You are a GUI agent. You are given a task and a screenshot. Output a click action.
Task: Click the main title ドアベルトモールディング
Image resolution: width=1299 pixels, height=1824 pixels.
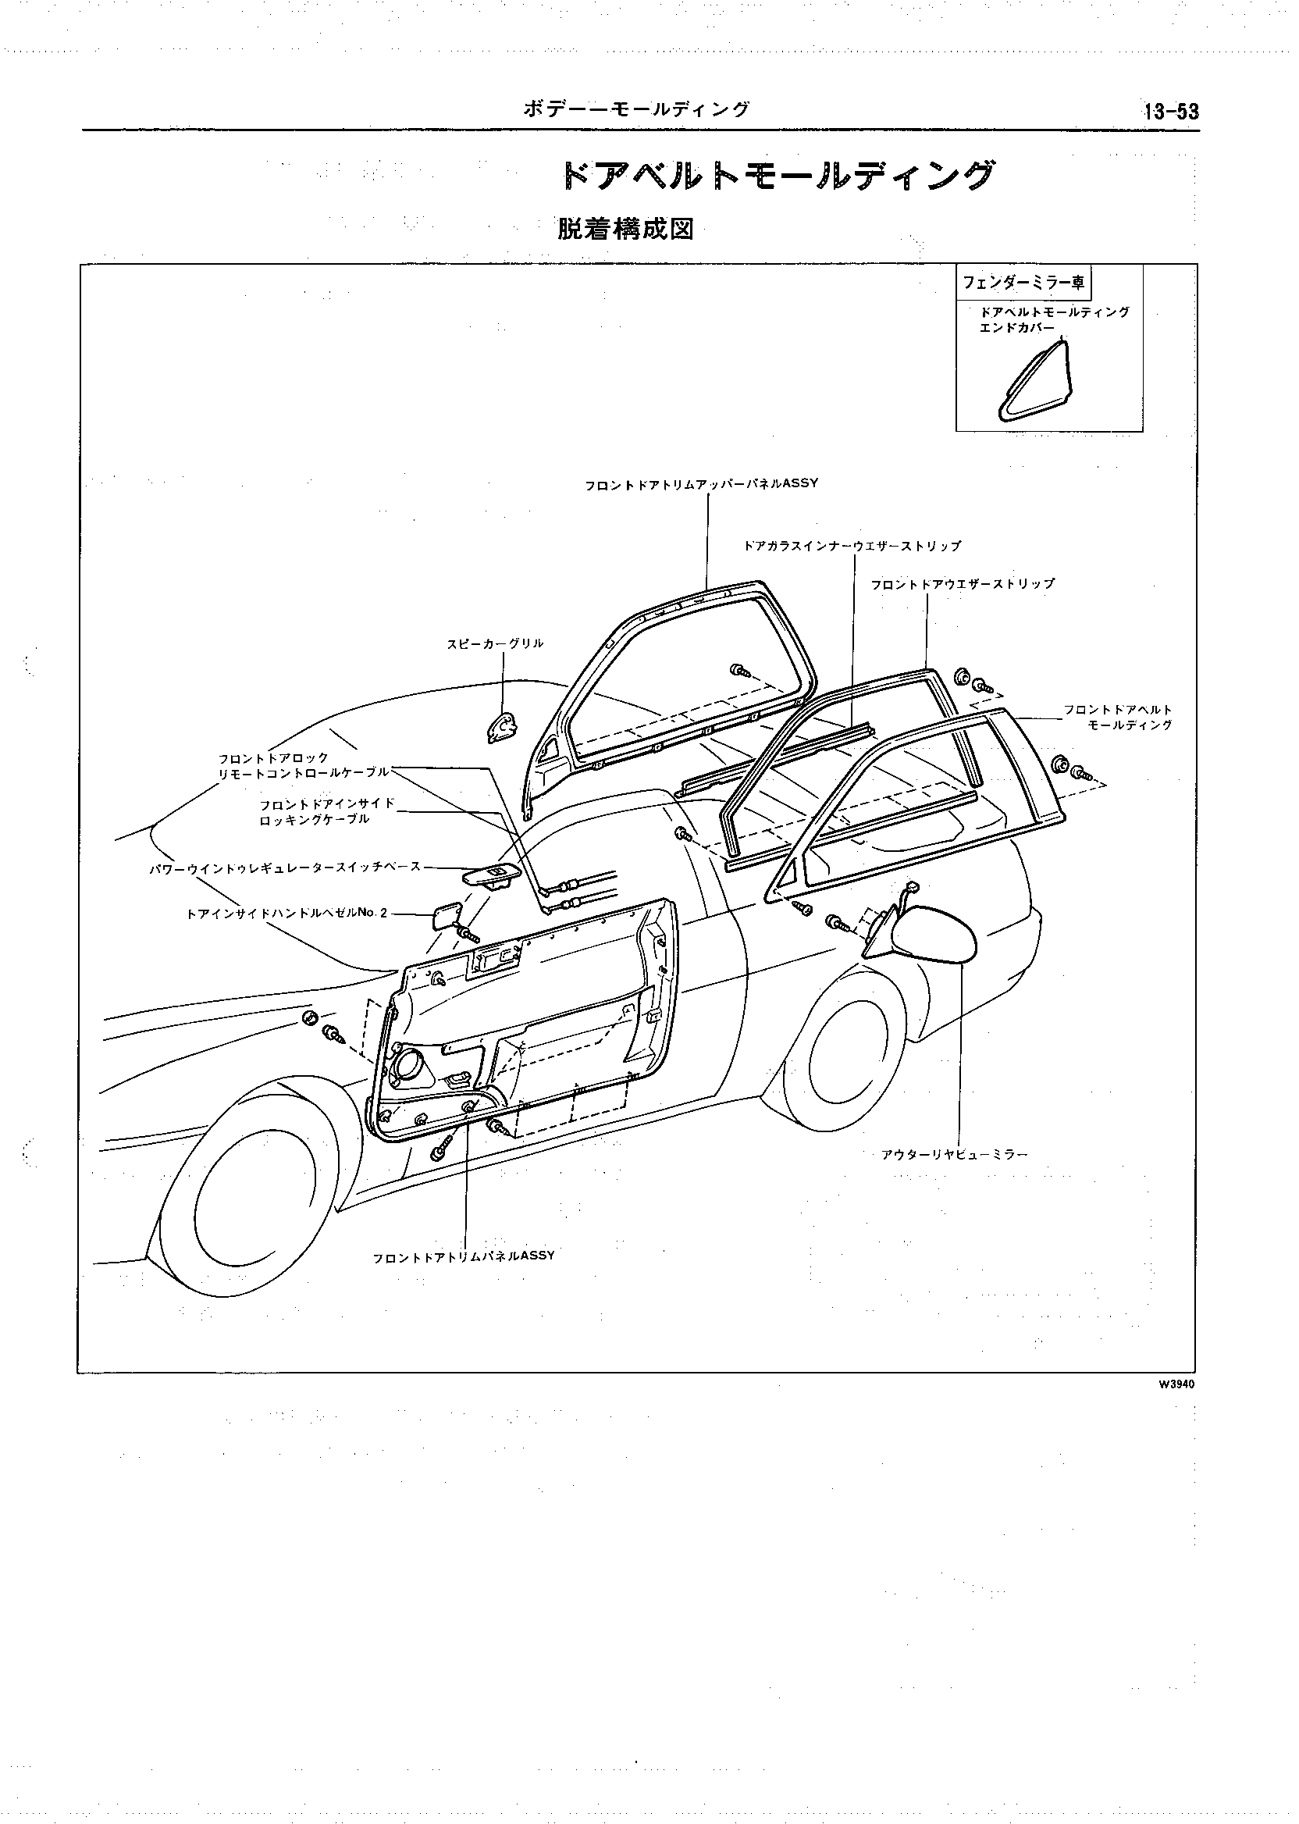click(x=780, y=176)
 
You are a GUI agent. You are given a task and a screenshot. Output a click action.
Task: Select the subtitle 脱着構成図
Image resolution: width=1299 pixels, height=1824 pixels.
click(x=625, y=230)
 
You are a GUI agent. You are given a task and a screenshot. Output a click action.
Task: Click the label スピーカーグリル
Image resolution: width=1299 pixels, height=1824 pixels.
click(x=495, y=643)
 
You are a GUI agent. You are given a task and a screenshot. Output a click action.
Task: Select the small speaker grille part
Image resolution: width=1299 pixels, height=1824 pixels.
click(x=502, y=727)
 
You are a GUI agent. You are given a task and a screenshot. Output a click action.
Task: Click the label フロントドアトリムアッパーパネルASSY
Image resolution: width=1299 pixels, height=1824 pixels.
click(x=702, y=484)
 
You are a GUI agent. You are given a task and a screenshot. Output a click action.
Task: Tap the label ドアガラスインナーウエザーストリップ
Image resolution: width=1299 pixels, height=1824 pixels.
click(x=852, y=547)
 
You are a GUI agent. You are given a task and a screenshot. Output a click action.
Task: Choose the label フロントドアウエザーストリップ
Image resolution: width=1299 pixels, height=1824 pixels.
click(x=963, y=584)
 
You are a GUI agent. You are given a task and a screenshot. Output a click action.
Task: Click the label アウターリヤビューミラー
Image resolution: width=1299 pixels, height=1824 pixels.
click(x=954, y=1154)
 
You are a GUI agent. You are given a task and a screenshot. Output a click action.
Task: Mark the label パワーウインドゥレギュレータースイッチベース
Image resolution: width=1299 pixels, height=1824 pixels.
click(x=286, y=867)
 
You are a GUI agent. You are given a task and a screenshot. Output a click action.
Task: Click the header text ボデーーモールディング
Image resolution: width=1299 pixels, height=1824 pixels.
click(x=636, y=109)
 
